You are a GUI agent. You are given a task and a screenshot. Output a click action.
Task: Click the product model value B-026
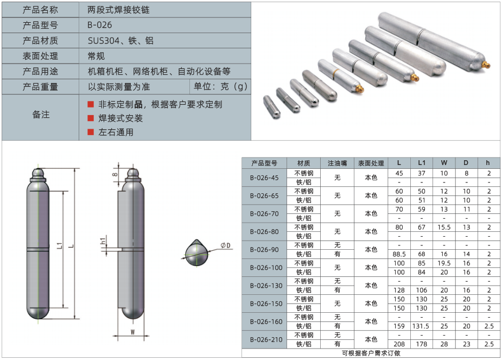pos(100,25)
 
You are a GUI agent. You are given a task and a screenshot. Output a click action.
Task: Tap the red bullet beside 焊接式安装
pos(91,118)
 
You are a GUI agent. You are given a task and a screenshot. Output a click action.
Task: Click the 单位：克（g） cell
pos(220,86)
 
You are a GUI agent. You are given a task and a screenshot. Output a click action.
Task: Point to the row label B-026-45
pos(264,178)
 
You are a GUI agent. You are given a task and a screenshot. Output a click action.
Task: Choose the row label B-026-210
pos(266,339)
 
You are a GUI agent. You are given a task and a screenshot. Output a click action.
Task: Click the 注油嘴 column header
pos(337,163)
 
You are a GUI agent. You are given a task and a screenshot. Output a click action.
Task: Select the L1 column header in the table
pos(422,163)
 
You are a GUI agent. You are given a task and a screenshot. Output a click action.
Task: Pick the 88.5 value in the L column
pos(399,254)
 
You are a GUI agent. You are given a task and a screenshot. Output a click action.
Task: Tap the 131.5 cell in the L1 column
pos(421,326)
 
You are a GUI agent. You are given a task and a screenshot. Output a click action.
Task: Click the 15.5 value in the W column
pos(444,228)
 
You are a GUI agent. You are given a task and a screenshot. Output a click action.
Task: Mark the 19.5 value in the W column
pos(444,263)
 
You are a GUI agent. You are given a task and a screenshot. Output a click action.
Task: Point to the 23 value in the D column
pos(467,344)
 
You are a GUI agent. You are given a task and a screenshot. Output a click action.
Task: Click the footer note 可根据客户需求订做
pos(371,353)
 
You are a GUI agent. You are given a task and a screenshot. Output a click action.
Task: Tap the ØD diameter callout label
pos(226,245)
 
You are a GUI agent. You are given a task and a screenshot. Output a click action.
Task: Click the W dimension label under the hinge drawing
pos(132,332)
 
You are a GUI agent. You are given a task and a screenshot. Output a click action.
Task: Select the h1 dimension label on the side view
pos(103,241)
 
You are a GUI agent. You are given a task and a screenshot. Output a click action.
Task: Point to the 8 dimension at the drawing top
pos(115,174)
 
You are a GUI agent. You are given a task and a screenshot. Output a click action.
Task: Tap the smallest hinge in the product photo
pos(272,107)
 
